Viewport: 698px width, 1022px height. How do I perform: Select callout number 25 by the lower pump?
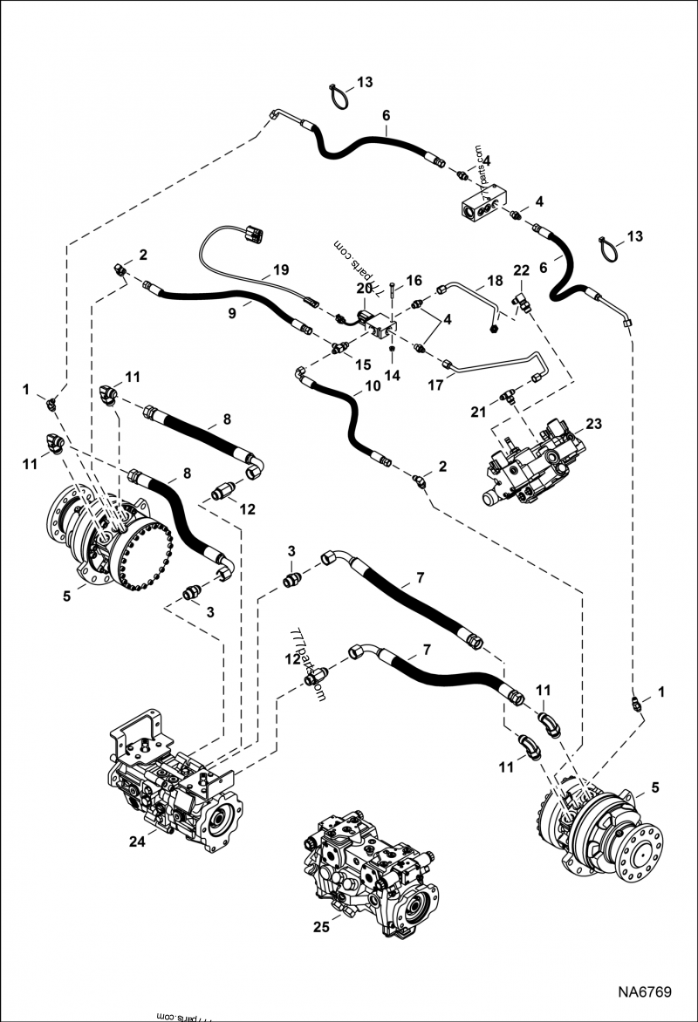[321, 927]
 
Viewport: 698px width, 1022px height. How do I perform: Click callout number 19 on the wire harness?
[280, 270]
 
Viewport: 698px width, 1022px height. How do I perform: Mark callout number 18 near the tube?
[495, 281]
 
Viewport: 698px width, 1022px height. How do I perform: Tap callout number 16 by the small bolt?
[414, 281]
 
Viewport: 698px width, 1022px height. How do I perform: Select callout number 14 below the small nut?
[392, 375]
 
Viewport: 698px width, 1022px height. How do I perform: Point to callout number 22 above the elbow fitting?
[521, 271]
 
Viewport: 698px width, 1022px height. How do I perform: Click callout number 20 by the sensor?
[364, 288]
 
